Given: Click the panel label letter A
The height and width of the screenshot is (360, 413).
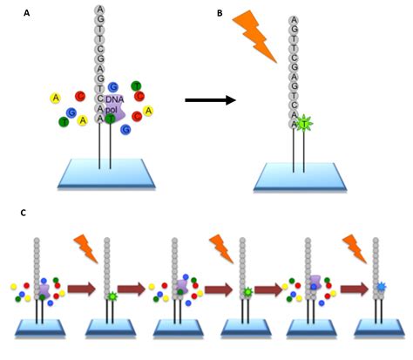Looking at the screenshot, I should [27, 13].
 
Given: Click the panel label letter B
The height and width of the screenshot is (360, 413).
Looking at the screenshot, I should [220, 13].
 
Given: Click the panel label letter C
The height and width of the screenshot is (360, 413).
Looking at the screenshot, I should [24, 213].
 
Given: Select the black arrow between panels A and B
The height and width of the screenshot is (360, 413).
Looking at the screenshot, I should [210, 100].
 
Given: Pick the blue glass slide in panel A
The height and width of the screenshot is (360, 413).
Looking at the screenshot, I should [106, 173].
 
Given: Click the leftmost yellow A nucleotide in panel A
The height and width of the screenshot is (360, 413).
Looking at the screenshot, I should [56, 98].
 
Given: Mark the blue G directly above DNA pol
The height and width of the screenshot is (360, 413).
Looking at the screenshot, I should [113, 87].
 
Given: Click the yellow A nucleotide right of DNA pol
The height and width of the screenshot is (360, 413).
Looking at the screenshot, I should [148, 111].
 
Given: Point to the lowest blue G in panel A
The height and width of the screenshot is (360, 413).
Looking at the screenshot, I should [126, 129].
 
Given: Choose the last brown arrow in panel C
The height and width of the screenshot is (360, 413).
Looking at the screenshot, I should [354, 289].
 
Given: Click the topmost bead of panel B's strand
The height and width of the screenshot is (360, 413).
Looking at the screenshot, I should [294, 20].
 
